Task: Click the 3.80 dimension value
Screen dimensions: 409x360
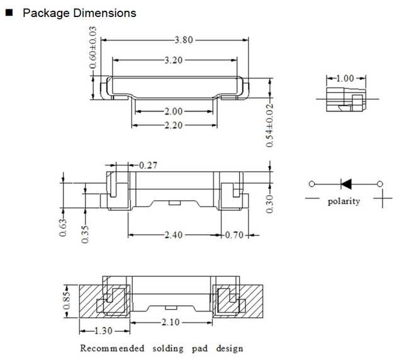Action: click(184, 40)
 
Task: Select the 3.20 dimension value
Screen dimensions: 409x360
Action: click(174, 60)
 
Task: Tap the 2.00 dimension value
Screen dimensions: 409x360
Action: click(174, 111)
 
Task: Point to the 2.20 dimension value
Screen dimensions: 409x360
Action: click(174, 125)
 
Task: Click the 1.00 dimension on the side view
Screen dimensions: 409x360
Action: click(345, 78)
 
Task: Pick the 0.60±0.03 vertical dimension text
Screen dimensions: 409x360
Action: click(93, 47)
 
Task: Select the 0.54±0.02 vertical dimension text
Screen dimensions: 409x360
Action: click(269, 125)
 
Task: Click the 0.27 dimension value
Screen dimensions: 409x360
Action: click(148, 165)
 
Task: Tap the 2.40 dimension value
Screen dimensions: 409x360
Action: click(174, 235)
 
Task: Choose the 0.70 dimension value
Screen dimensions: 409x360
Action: click(234, 235)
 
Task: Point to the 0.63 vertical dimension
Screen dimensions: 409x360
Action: click(63, 228)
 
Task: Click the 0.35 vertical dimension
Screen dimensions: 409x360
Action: click(86, 234)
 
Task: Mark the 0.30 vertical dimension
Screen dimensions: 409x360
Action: click(269, 204)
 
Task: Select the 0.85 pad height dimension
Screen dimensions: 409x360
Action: click(67, 300)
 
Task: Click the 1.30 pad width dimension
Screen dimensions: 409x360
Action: click(103, 331)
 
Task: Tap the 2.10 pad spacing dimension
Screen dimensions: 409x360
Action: click(171, 322)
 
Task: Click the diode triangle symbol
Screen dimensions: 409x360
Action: click(346, 184)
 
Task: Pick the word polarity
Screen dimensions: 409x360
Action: click(344, 201)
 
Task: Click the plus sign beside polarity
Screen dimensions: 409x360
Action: click(383, 198)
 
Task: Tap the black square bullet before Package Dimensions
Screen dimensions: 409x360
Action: click(9, 13)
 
